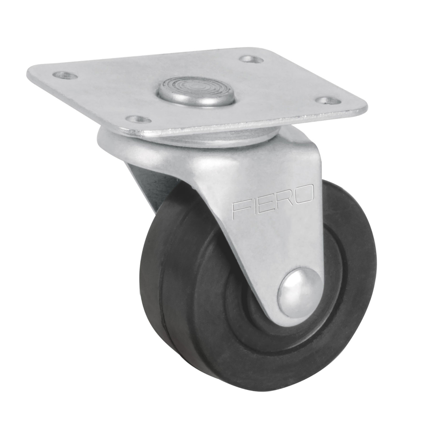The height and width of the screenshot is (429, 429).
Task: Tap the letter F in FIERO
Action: tap(239, 209)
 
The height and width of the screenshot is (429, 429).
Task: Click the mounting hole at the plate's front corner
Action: tap(138, 118)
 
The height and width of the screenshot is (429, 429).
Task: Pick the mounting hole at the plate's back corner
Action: tap(251, 59)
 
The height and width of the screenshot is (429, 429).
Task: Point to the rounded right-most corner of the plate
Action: tap(364, 107)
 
